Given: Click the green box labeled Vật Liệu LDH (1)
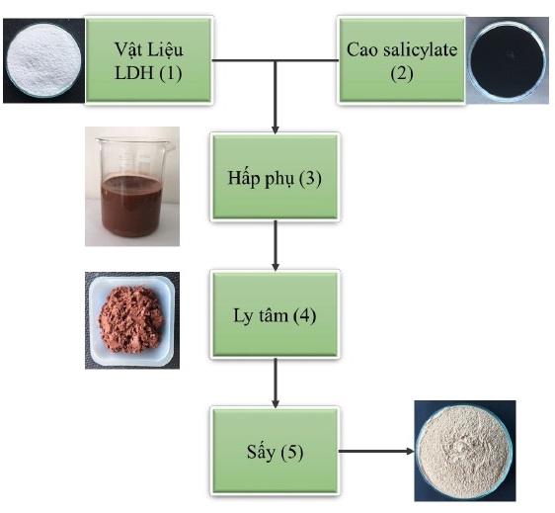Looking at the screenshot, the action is (x=149, y=60).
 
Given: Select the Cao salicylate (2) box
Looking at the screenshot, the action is (x=402, y=60).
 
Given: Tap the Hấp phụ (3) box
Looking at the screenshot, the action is (x=275, y=177).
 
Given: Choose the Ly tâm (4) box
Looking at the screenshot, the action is (x=275, y=314).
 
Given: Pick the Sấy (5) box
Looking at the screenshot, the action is (x=275, y=451).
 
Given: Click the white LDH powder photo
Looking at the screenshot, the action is (x=43, y=60).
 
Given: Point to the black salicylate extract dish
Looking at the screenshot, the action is (x=508, y=61).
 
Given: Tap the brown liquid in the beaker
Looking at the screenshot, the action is (x=131, y=206).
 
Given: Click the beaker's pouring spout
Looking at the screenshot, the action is (x=171, y=146).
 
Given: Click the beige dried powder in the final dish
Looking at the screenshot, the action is (x=465, y=451).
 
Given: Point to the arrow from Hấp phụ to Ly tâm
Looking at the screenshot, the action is (x=276, y=245).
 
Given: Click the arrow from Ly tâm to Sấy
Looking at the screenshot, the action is (x=276, y=383).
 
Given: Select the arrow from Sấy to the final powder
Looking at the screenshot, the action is (x=376, y=451).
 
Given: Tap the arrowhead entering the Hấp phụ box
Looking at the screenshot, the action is (x=276, y=129).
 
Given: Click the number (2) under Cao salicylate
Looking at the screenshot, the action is (x=402, y=73).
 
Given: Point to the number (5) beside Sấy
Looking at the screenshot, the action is (x=292, y=452).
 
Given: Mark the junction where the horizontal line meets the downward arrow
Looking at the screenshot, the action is (x=276, y=60).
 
